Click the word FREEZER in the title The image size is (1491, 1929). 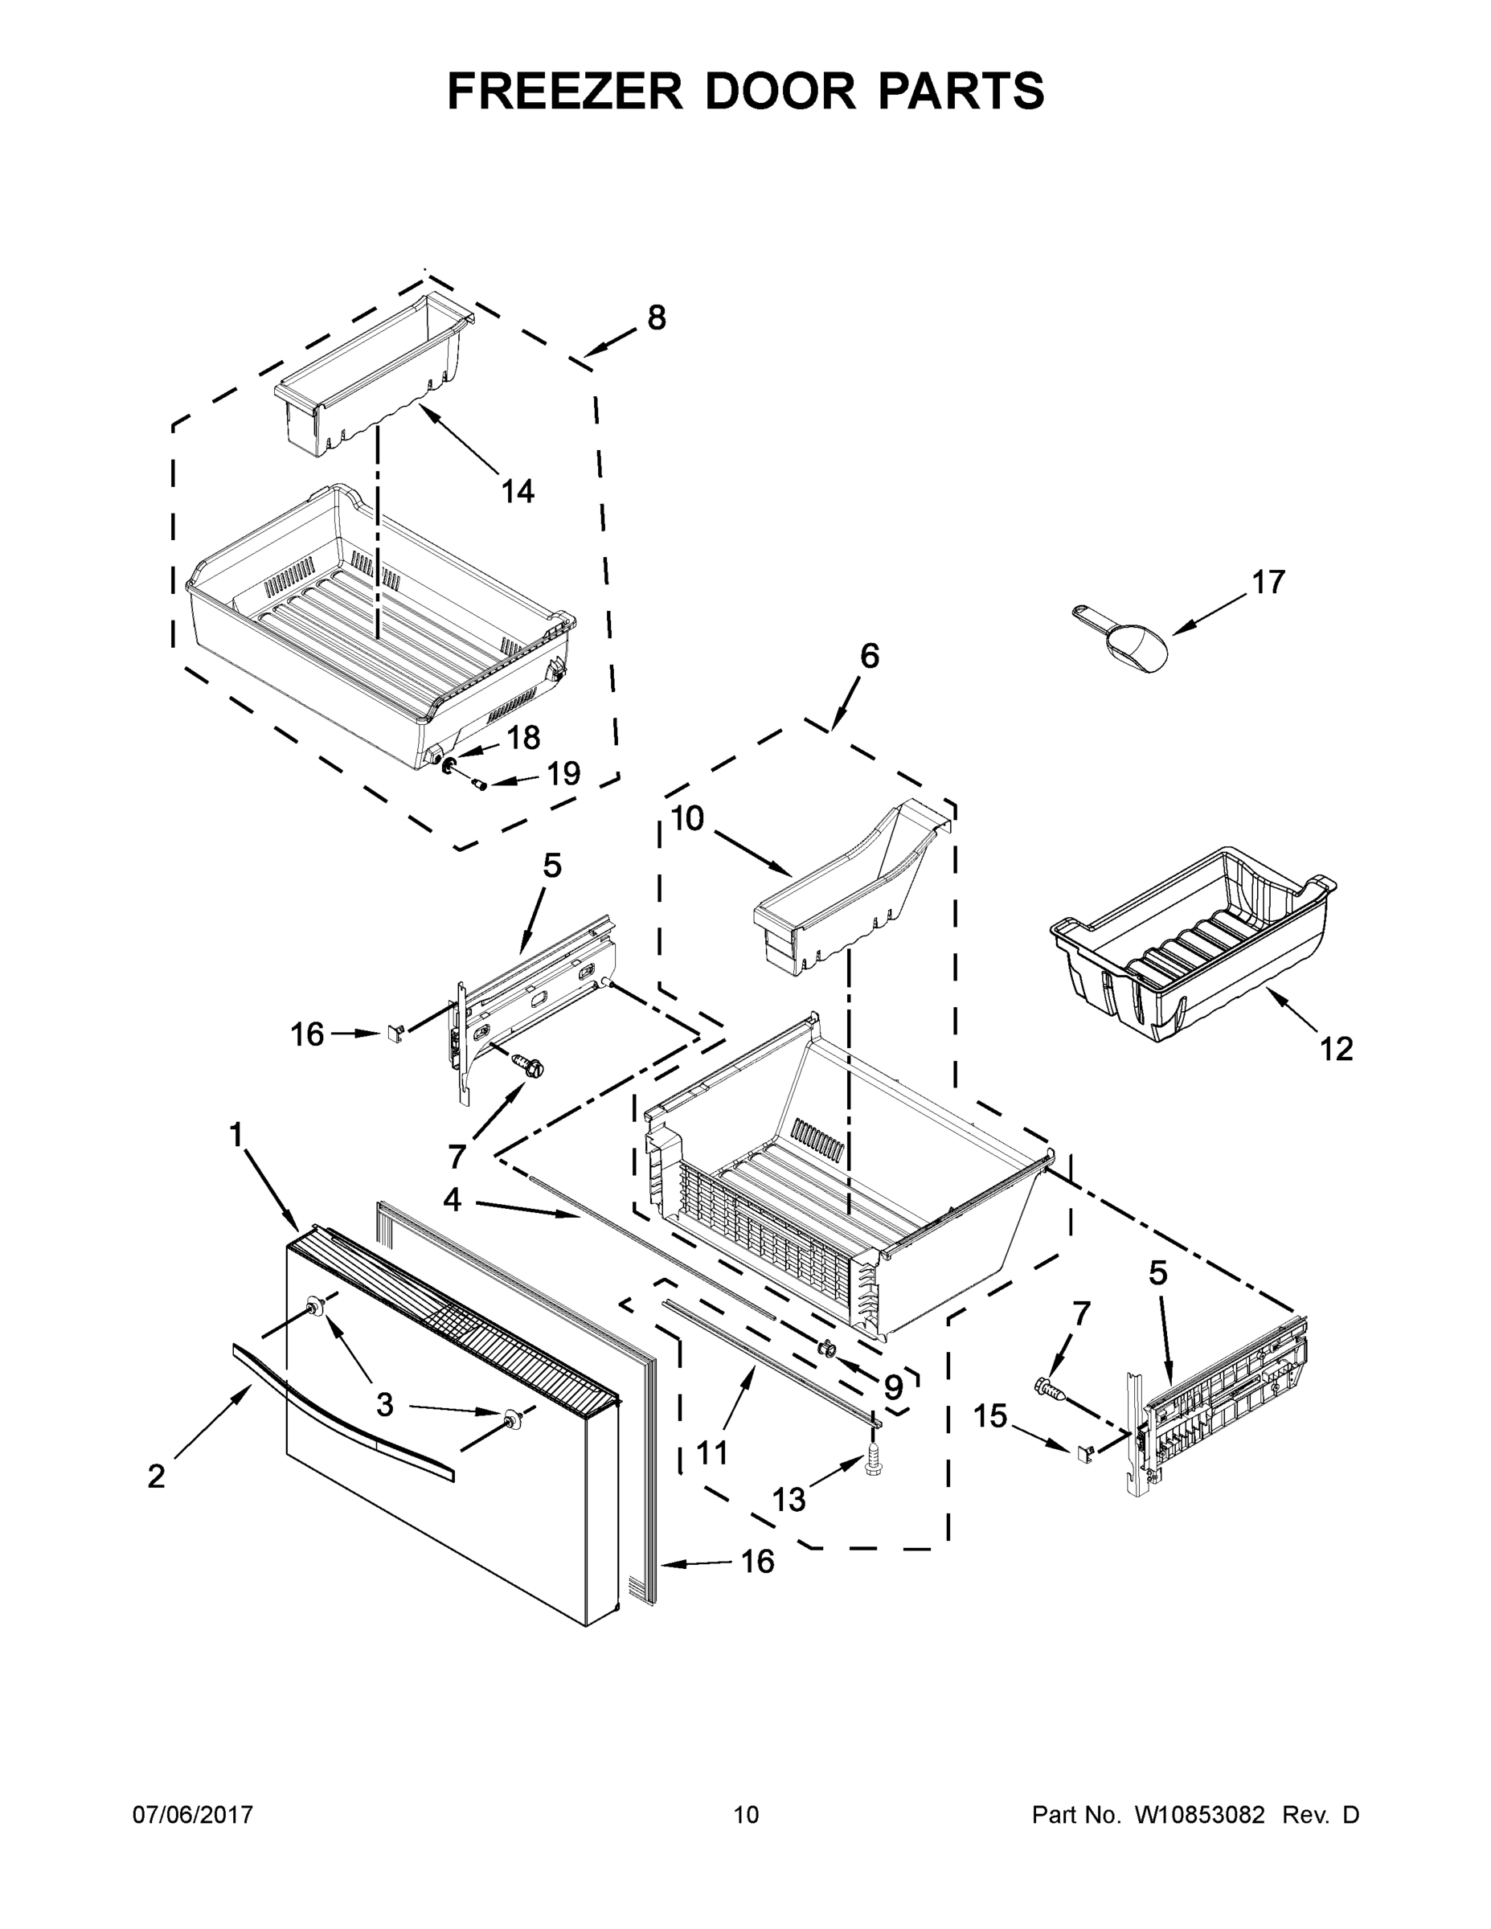pos(565,91)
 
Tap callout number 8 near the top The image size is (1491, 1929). pos(657,318)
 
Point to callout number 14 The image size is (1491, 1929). pos(518,491)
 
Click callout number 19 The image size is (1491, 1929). pos(563,774)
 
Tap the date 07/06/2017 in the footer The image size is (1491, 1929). pos(193,1814)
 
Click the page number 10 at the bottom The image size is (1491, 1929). pos(747,1814)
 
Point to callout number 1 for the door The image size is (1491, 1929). pos(236,1134)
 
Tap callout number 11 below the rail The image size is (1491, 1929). pos(712,1452)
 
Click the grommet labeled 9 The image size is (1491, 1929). pos(829,1349)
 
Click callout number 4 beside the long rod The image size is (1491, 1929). pos(453,1198)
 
